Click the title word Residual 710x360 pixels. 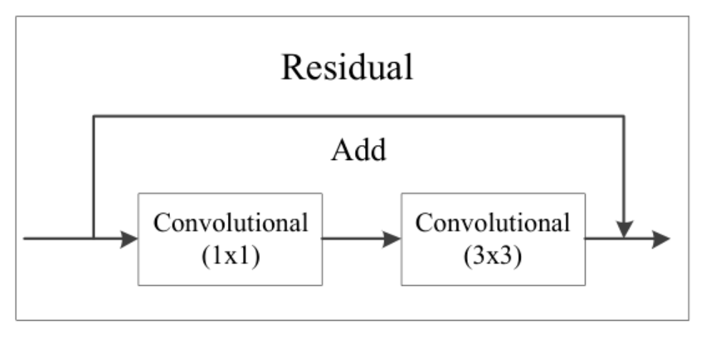(x=347, y=68)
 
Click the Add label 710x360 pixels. (x=359, y=151)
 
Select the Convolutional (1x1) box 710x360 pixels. (x=230, y=239)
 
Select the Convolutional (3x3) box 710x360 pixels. (x=493, y=239)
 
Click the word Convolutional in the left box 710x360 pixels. (x=231, y=222)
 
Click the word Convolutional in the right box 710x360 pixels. (x=493, y=222)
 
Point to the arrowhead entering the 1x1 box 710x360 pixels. (x=129, y=239)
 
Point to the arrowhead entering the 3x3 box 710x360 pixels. (x=392, y=239)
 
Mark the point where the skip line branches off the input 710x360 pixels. (x=94, y=239)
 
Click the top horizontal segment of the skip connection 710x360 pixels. (x=357, y=114)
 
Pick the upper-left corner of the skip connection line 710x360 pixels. (x=94, y=114)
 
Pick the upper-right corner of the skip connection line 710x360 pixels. (x=625, y=114)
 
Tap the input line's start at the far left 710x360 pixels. (x=26, y=239)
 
